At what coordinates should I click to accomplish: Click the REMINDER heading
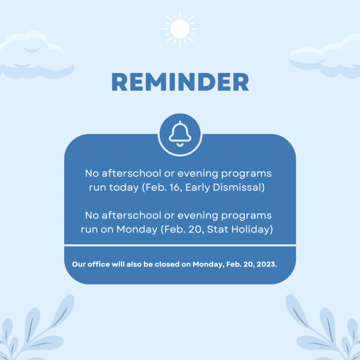point(180,82)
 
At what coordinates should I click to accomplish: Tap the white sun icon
point(180,29)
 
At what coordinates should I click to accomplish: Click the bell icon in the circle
point(180,134)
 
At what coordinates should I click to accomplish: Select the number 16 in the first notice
point(175,187)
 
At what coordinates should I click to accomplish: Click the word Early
point(198,188)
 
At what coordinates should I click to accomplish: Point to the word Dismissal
point(237,187)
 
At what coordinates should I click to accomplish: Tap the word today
point(123,188)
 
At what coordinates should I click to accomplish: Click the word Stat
point(217,229)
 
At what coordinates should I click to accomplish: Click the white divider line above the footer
point(180,245)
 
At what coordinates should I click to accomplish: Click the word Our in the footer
point(78,264)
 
